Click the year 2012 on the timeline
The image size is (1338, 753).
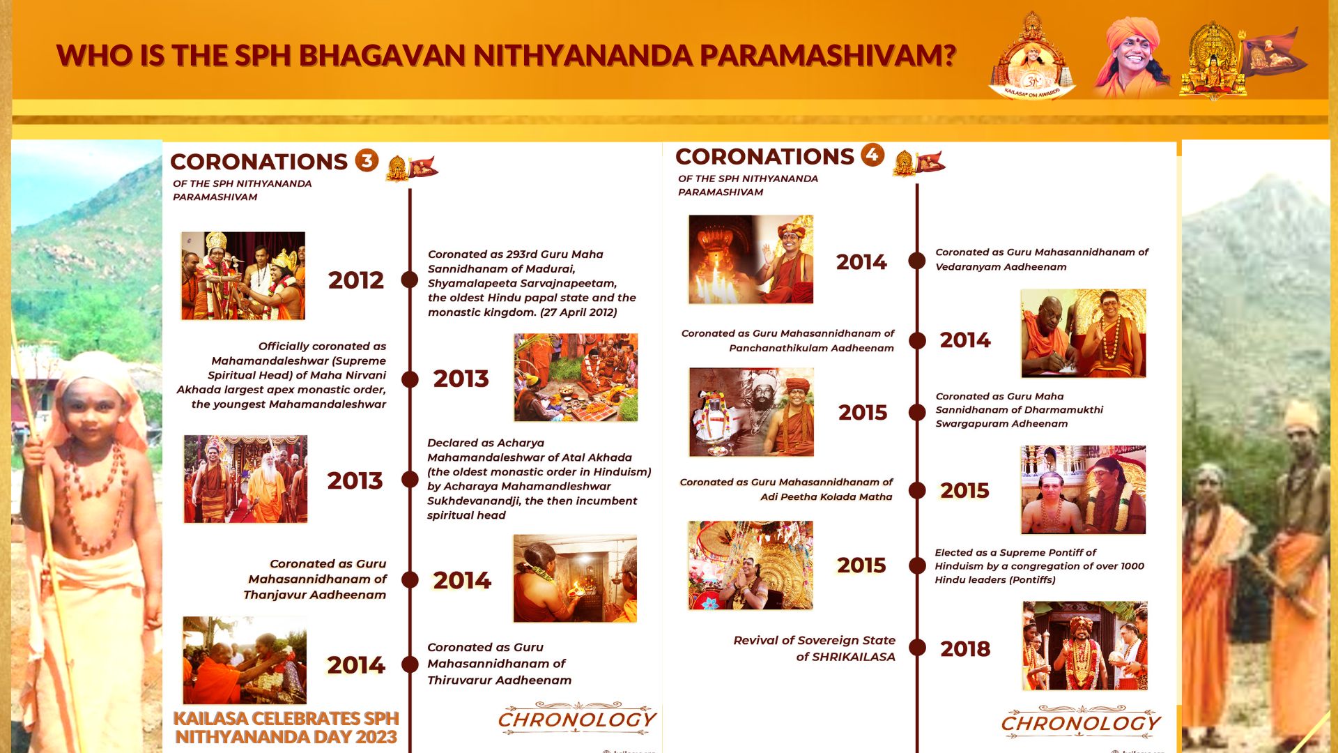click(x=356, y=280)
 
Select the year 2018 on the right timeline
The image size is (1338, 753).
click(x=965, y=649)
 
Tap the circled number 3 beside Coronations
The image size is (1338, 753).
click(x=367, y=160)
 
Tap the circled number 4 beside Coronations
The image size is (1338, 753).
click(x=872, y=155)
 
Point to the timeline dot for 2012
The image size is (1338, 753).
click(x=410, y=280)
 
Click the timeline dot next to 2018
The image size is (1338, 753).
click(x=917, y=648)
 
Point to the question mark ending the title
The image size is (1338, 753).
click(x=948, y=55)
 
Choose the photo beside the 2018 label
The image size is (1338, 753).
click(x=1084, y=646)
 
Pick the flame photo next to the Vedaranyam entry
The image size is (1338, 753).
click(x=751, y=259)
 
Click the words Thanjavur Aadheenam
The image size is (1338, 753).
click(x=315, y=595)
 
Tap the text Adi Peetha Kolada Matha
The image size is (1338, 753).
click(x=826, y=496)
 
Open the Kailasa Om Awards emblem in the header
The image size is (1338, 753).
click(x=1031, y=56)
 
